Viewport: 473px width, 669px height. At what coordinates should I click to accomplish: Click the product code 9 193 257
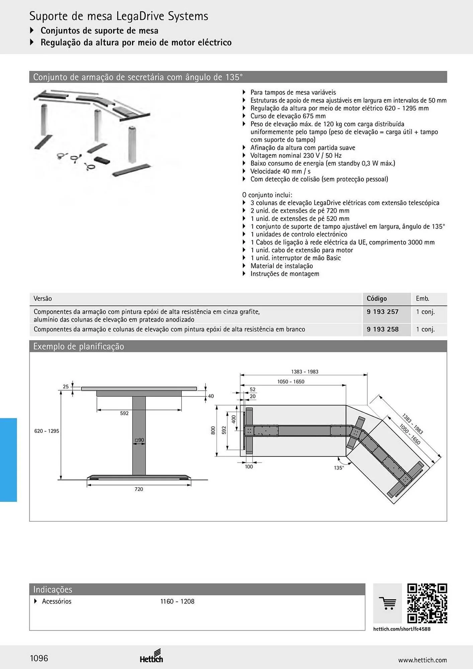[382, 312]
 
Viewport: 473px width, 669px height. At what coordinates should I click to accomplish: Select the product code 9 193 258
[382, 329]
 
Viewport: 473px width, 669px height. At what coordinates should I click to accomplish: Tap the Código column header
[377, 298]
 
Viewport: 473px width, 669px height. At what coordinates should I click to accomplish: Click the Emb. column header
[422, 298]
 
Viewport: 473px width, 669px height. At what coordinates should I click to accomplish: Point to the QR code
[427, 603]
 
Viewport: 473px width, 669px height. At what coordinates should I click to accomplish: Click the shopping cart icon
[388, 603]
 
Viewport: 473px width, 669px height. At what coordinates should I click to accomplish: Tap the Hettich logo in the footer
[152, 657]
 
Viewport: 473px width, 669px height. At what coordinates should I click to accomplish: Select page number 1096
[39, 658]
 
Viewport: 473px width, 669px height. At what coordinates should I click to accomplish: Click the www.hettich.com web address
[422, 660]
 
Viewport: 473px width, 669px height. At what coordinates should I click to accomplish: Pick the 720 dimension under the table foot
[139, 489]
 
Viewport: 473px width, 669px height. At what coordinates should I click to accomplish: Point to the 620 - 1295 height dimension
[46, 431]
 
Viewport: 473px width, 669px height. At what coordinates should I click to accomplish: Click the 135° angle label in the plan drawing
[339, 468]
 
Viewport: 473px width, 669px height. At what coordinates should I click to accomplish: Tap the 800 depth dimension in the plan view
[213, 430]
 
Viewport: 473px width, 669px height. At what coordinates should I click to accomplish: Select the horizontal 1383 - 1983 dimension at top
[305, 372]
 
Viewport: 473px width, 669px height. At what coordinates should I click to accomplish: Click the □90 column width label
[139, 440]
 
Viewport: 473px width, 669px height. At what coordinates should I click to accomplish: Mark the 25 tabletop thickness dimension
[66, 386]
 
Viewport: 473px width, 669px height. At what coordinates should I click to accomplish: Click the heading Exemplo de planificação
[79, 346]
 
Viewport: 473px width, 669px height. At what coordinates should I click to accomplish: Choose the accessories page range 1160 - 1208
[177, 601]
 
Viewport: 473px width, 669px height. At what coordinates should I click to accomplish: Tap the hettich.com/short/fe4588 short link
[402, 629]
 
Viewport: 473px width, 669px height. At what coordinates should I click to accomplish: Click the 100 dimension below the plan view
[249, 467]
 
